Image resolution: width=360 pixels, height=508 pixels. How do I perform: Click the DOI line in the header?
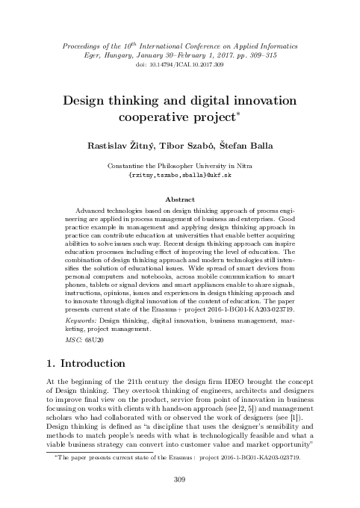point(179,66)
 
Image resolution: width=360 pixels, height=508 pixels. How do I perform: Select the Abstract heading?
point(179,200)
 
